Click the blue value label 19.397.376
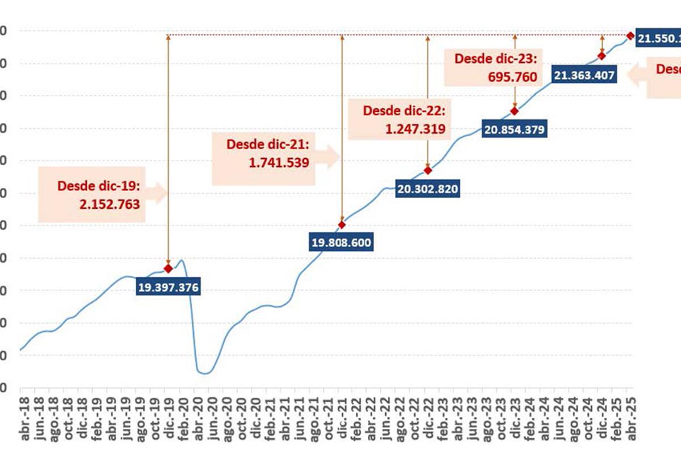pos(168,288)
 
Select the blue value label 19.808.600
pos(341,243)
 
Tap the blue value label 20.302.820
pos(428,188)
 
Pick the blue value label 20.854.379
pos(515,129)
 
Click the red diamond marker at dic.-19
pos(168,268)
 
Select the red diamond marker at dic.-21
pos(342,225)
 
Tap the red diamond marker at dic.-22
pos(428,170)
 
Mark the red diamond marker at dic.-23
pos(515,111)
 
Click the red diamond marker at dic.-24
pos(602,56)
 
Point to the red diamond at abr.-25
pos(630,36)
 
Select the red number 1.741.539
pos(279,163)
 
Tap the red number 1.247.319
pos(416,129)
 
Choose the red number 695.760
pos(512,77)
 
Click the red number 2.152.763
pos(110,204)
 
